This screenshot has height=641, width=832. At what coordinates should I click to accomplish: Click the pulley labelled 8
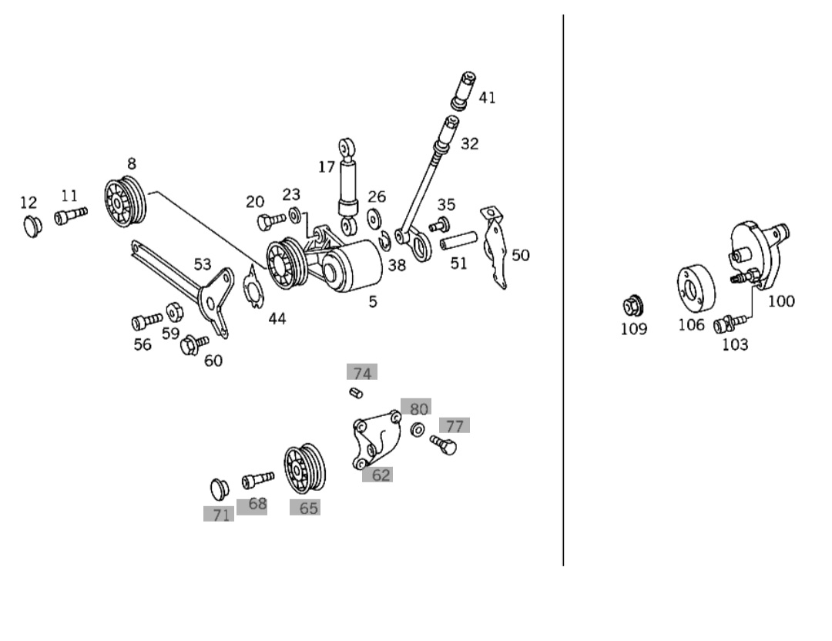coord(124,203)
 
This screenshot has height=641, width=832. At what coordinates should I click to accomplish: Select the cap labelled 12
coord(32,227)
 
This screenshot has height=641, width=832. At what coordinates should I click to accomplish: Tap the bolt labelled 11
coord(69,216)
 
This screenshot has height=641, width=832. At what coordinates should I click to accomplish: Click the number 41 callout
coord(487,98)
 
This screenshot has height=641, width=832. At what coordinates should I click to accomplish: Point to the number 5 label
coord(373,302)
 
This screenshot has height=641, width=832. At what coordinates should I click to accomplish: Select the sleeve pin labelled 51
coord(455,244)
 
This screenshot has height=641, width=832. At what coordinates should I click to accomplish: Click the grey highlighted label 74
coord(362,374)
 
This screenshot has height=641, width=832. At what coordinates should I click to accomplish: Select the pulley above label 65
coord(305,469)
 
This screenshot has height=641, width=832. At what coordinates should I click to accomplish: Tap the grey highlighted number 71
coord(220,515)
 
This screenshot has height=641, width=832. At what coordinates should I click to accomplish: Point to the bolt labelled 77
coord(443,443)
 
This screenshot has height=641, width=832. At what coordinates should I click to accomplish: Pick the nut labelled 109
coord(633,307)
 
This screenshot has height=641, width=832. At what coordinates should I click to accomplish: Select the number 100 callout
coord(781,301)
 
